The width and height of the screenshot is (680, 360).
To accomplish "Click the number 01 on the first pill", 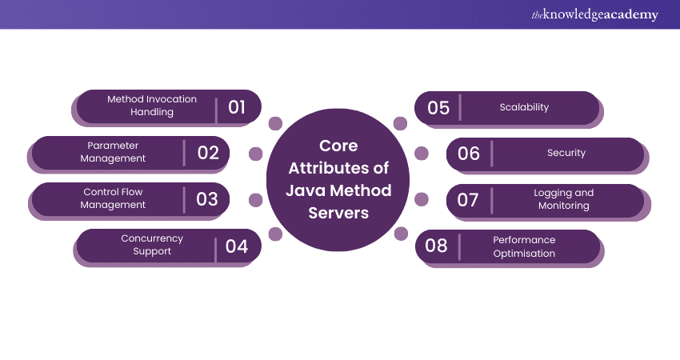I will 237,106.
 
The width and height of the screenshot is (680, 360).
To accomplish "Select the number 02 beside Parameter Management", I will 208,152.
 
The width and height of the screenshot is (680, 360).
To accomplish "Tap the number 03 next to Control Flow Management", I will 207,198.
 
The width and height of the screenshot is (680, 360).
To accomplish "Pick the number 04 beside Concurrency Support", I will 237,246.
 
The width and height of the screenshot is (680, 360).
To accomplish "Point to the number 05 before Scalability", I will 438,107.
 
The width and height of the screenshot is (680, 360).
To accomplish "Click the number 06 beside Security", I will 469,153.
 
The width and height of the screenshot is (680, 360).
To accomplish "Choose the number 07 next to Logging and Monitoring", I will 468,199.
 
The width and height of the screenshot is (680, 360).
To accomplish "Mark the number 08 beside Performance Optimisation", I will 436,246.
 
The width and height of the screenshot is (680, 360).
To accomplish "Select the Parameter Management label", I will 113,152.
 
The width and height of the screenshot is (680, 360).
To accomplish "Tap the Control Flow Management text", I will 114,198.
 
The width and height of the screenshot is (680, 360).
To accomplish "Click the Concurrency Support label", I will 152,245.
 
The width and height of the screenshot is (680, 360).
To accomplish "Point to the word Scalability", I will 524,107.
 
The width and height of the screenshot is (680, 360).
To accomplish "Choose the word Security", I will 566,153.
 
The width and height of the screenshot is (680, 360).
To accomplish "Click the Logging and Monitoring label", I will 563,199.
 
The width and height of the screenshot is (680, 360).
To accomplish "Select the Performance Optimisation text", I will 524,246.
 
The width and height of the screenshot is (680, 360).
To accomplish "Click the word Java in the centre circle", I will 304,190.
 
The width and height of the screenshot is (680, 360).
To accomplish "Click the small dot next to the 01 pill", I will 275,123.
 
